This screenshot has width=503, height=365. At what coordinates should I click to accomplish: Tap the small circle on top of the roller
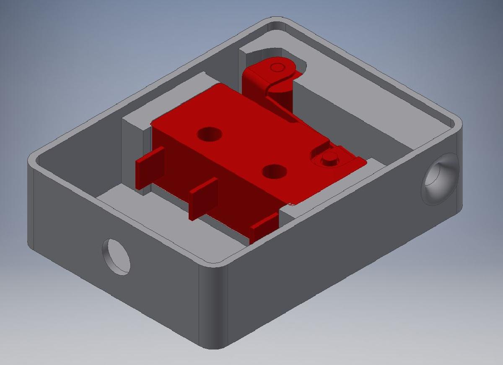coord(277,67)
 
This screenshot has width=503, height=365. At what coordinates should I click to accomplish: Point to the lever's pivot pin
coord(329,159)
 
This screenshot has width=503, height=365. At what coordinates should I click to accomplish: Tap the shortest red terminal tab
coord(264,227)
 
